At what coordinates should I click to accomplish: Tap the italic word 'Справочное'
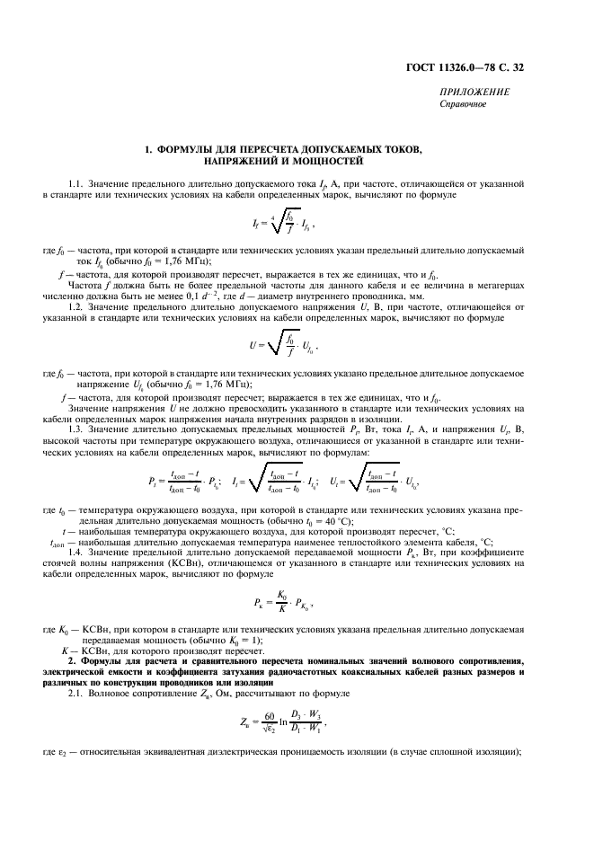tap(463, 103)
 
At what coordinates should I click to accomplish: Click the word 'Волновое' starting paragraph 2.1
tap(112, 695)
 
